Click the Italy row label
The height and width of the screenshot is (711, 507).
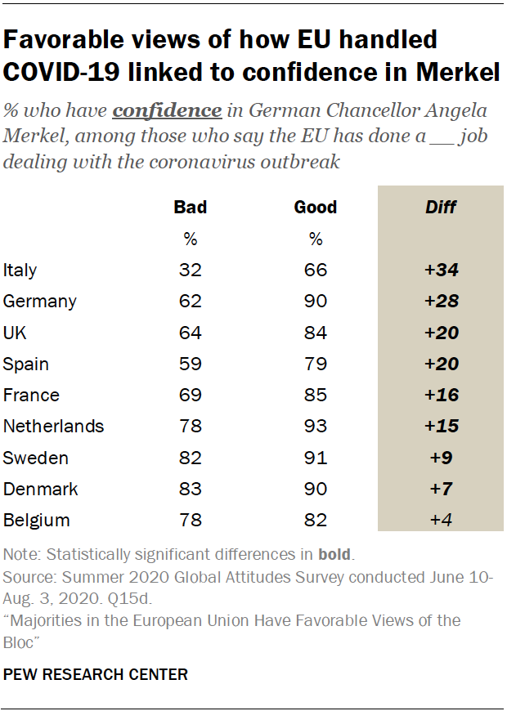point(20,270)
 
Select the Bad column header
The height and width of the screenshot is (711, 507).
point(190,207)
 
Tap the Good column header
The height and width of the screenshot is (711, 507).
point(316,207)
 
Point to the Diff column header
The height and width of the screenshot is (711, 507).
point(441,207)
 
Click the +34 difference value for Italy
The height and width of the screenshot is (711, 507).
point(441,270)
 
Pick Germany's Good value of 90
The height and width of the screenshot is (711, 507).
point(316,301)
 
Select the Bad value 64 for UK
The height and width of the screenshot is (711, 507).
point(190,333)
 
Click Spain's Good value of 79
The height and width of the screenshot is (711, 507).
point(316,364)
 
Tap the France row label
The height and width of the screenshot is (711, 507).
point(31,395)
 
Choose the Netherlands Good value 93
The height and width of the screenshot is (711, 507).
point(316,426)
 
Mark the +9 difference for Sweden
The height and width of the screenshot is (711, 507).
point(441,458)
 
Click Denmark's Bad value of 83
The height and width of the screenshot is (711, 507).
point(190,489)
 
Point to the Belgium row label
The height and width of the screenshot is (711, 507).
point(37,520)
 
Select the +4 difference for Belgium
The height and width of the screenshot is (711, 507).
point(441,520)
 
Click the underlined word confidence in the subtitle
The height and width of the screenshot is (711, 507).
point(167,110)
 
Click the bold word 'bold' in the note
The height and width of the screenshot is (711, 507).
point(334,555)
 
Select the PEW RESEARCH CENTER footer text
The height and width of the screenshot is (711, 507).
point(96,674)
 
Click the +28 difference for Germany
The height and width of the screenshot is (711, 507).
point(441,301)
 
